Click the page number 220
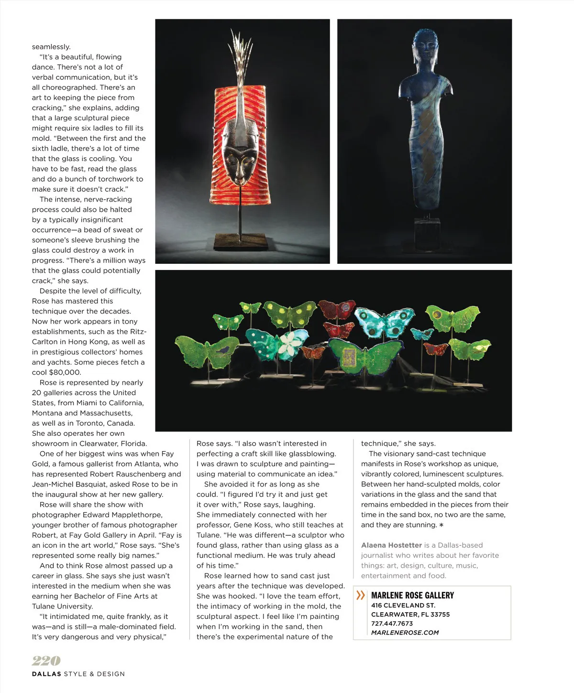[46, 661]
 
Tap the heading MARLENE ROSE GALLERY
[412, 595]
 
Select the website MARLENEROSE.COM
[405, 632]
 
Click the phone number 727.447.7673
[392, 623]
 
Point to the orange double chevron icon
[361, 595]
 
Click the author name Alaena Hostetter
[391, 545]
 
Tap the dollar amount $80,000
[65, 372]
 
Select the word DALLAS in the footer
[46, 674]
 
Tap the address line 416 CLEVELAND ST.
[403, 605]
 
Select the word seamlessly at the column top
[51, 47]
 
